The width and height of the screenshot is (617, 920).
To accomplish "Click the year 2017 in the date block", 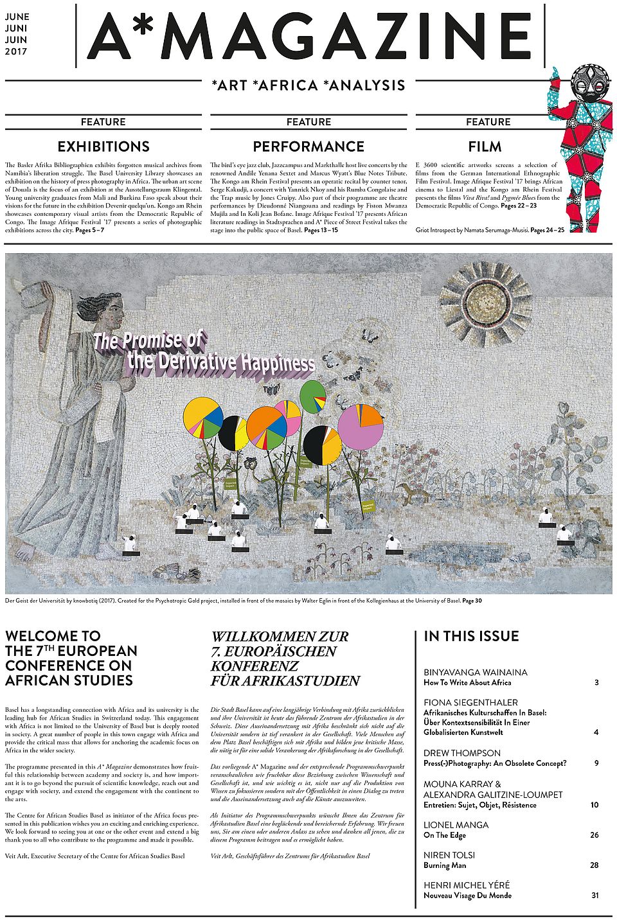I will tap(16, 51).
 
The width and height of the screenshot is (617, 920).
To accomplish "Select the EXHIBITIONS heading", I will tap(103, 146).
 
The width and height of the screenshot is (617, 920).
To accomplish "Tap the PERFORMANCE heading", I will tap(308, 146).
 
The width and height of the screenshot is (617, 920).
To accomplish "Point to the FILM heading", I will tap(485, 146).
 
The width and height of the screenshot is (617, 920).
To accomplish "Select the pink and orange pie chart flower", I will tap(361, 426).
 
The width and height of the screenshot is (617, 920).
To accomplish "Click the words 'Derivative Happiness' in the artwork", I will tap(222, 363).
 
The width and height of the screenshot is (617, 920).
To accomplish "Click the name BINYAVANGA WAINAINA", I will tap(475, 672).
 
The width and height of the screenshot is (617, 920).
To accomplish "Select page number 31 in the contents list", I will tap(595, 895).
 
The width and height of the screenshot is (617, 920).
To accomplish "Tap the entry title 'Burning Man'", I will tap(445, 865).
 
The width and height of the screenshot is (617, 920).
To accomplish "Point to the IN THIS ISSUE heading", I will tap(471, 637).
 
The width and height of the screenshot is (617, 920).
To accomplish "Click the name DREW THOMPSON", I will tap(461, 753).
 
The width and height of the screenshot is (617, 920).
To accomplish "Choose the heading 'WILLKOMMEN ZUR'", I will tap(280, 637).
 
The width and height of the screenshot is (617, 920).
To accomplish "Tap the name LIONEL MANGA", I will tap(456, 825).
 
